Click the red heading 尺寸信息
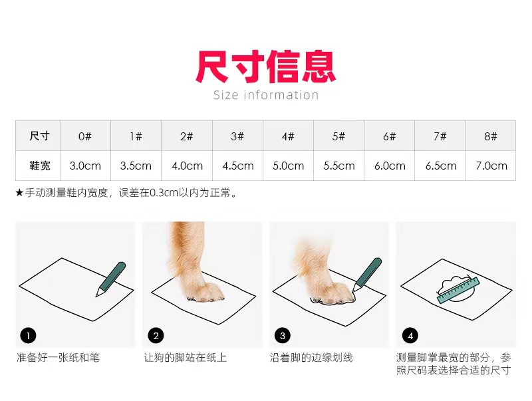tap(265, 67)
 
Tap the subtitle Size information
tap(266, 95)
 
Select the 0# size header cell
tap(85, 136)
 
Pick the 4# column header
tap(288, 136)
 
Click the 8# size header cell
tap(491, 136)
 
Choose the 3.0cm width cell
tap(85, 166)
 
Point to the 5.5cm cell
tap(338, 166)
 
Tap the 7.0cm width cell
tap(491, 166)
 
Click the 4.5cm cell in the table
tap(238, 166)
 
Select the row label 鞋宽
tap(40, 166)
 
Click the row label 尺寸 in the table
tap(40, 136)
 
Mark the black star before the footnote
tap(19, 193)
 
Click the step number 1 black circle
tap(28, 336)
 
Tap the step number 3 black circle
tap(283, 336)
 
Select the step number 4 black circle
tap(410, 336)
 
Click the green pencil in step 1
tap(111, 279)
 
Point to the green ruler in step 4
tap(458, 290)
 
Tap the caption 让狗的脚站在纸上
tap(186, 358)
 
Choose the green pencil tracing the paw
tap(367, 275)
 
